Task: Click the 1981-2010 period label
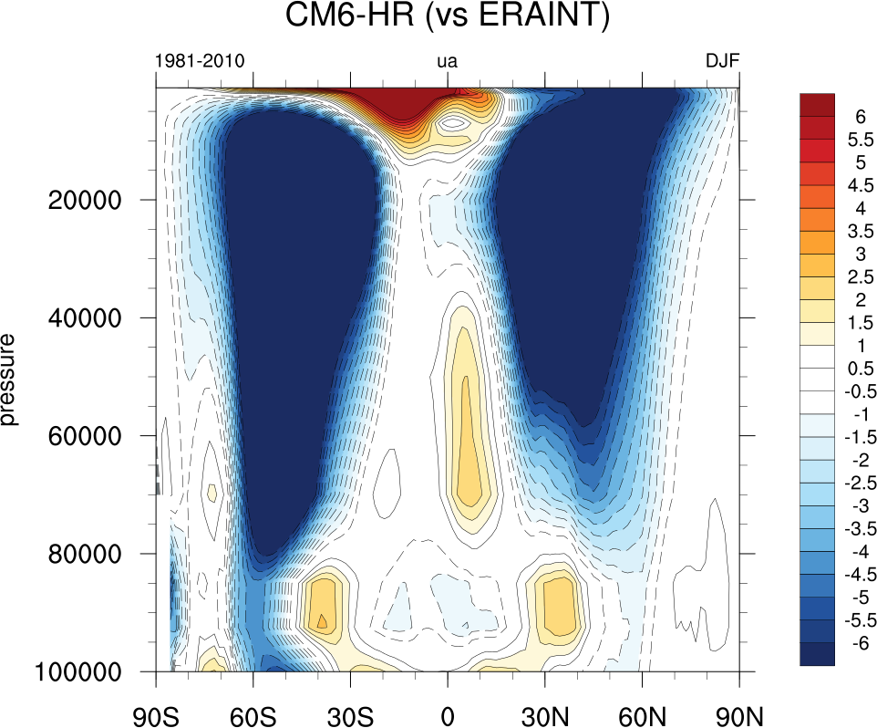point(200,62)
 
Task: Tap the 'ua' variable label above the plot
point(448,62)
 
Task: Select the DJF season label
point(722,62)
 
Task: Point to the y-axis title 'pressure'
point(10,380)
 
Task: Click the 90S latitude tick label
point(156,709)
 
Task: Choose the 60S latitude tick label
point(253,709)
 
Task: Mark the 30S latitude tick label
point(351,709)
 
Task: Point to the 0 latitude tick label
point(448,709)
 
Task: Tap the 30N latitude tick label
point(545,709)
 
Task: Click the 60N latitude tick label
point(643,709)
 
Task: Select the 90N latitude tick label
point(739,709)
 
